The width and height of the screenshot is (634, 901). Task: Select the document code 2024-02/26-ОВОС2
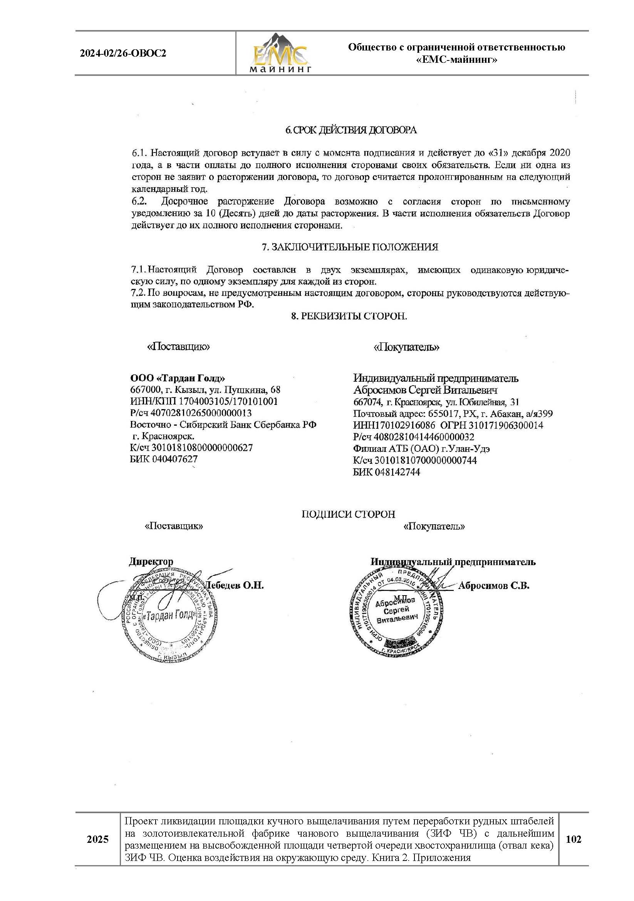tap(123, 54)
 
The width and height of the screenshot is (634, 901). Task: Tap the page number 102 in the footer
tap(573, 839)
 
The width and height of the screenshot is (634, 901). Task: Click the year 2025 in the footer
tap(97, 839)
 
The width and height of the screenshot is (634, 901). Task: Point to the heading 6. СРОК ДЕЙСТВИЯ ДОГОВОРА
tap(351, 130)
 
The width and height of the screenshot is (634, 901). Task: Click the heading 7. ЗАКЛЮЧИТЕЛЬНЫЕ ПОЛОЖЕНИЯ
tap(350, 247)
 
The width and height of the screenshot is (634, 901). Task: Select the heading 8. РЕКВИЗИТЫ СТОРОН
tap(349, 316)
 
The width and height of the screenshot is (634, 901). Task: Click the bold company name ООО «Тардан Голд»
tap(178, 378)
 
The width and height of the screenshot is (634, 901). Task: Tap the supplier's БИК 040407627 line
tap(164, 459)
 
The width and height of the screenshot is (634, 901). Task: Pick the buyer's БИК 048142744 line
tap(386, 472)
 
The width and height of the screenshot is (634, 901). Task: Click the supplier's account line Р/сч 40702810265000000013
tap(191, 413)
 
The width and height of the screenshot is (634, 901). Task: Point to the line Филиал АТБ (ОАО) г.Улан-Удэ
tap(421, 448)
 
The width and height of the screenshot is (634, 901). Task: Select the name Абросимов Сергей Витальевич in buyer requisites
tap(425, 390)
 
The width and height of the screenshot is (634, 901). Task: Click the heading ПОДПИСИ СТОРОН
tap(348, 515)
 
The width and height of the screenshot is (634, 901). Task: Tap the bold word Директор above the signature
tap(151, 562)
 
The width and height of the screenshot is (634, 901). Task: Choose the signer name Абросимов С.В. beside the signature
tap(493, 586)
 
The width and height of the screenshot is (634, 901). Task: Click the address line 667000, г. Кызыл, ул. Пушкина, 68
tap(205, 390)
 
